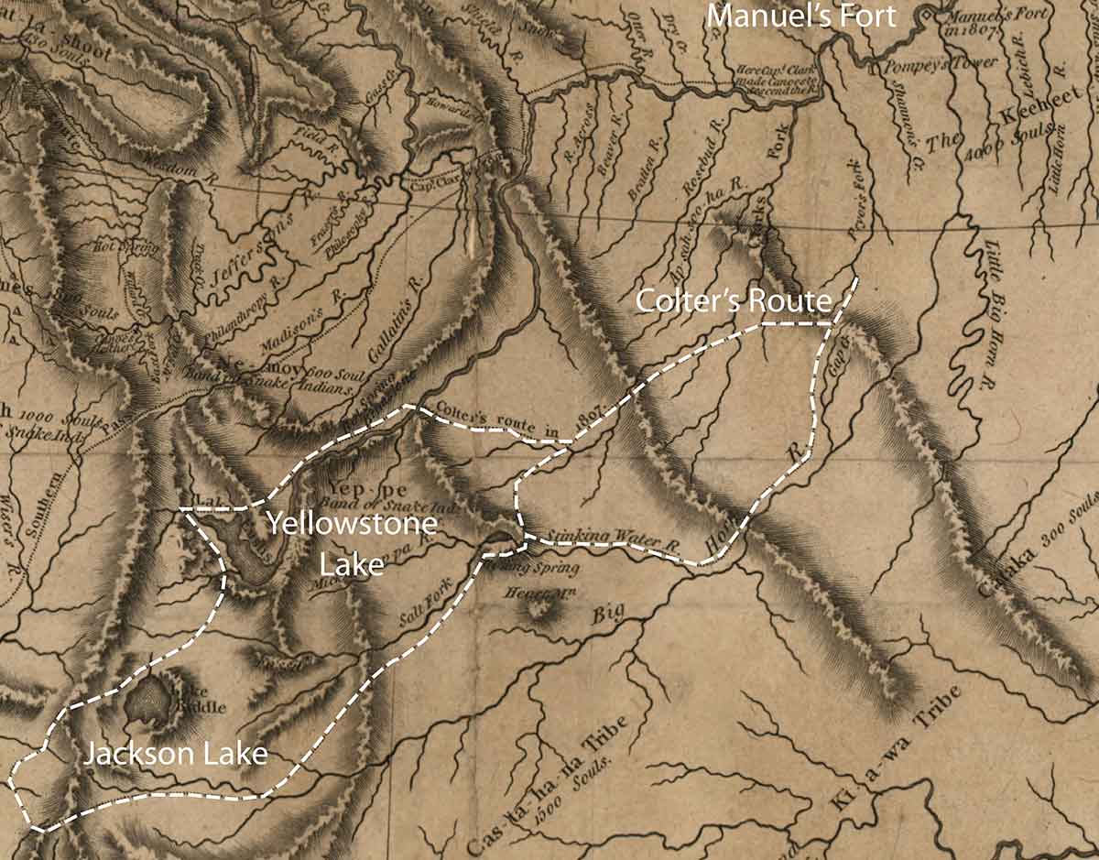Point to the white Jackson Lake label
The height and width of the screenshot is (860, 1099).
[x=176, y=755]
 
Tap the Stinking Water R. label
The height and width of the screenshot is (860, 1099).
[x=612, y=539]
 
